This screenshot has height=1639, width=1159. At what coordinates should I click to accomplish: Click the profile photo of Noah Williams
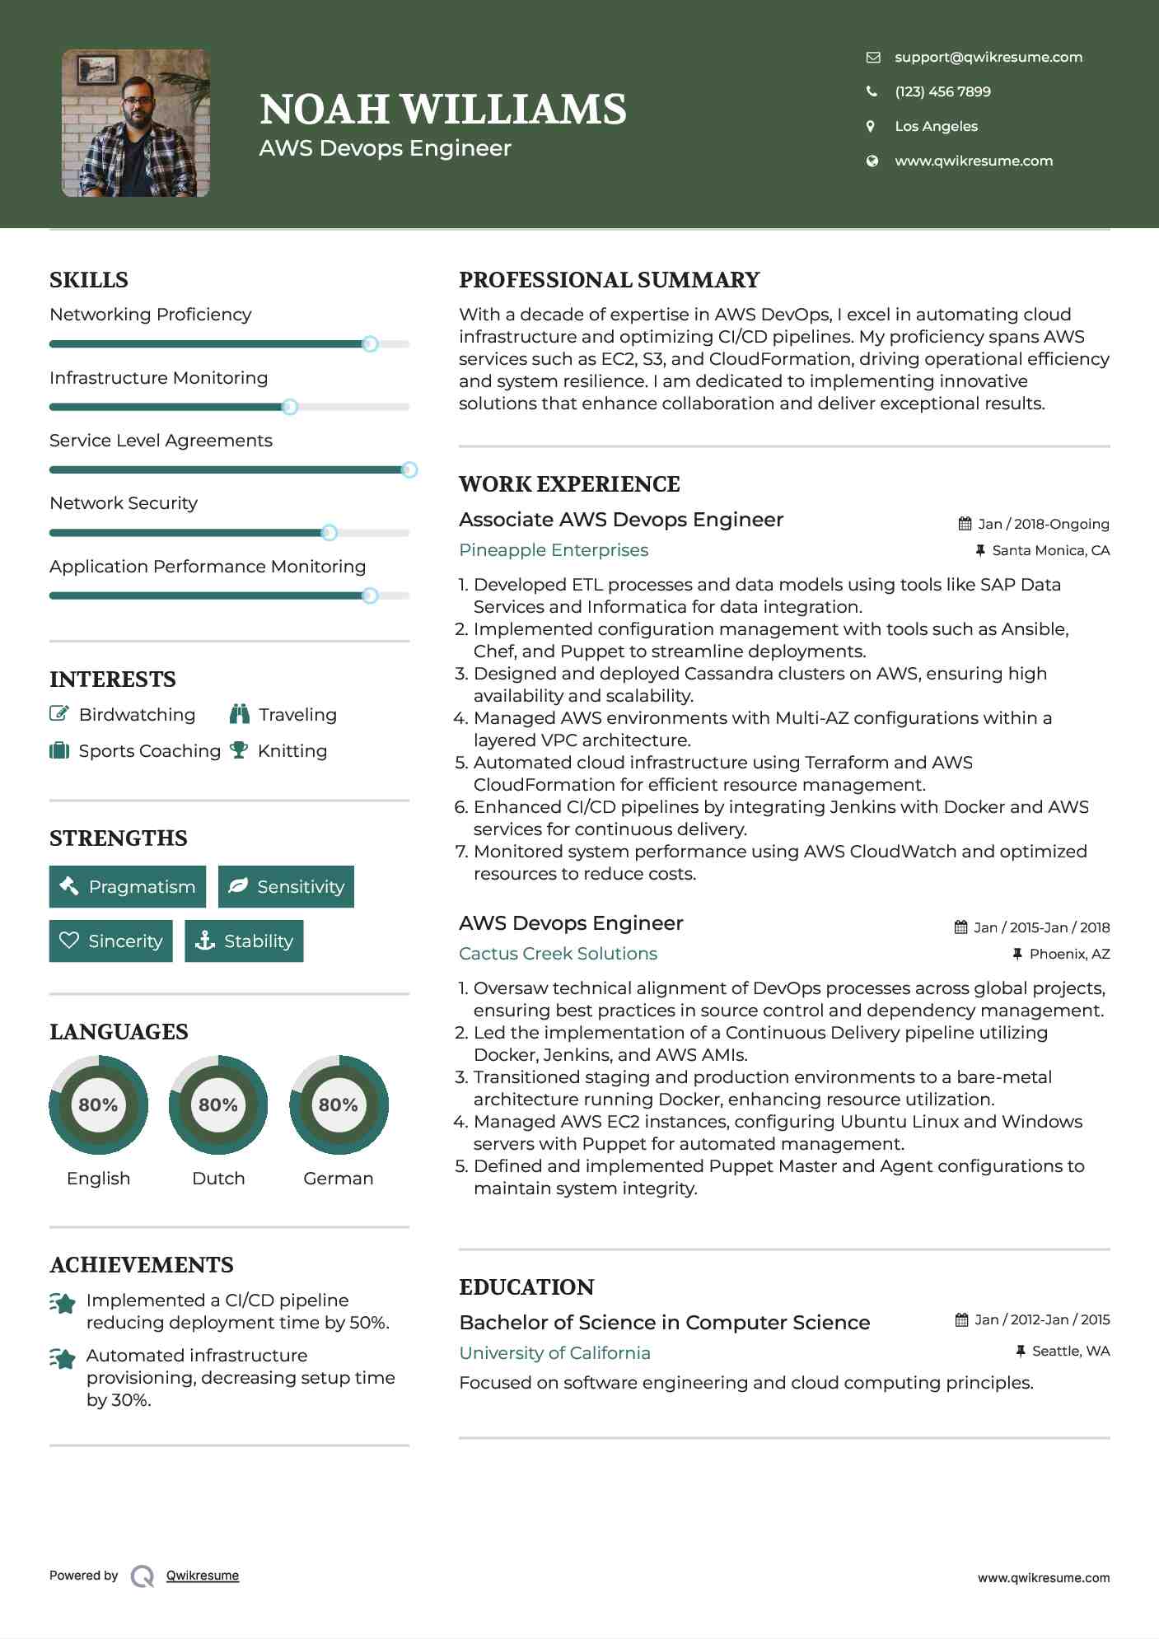point(136,124)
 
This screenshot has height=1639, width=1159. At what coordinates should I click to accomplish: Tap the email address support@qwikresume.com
point(988,57)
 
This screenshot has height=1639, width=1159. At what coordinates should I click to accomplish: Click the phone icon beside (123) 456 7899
point(872,91)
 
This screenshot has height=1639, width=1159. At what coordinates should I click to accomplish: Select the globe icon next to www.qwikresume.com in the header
point(872,161)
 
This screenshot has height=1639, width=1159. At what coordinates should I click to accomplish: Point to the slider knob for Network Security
point(329,533)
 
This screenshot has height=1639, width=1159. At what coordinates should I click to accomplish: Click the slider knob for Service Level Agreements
point(409,469)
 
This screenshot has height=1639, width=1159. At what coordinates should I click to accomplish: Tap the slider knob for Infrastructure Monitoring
point(289,407)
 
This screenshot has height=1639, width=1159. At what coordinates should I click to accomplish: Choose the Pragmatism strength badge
point(128,886)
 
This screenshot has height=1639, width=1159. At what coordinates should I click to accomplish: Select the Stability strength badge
point(244,941)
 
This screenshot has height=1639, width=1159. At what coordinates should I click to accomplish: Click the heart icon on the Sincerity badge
point(69,941)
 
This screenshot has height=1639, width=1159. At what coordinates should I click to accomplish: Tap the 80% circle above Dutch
point(218,1104)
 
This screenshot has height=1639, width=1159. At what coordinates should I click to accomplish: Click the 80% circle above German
point(339,1104)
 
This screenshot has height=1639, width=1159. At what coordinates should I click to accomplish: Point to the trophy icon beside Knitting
point(239,750)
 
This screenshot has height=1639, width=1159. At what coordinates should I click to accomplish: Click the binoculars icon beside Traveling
point(240,714)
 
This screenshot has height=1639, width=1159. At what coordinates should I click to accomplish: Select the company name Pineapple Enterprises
point(554,550)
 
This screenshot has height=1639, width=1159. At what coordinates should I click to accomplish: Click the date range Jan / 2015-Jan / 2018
point(1041,927)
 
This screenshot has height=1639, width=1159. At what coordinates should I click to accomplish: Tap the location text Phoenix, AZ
point(1069,954)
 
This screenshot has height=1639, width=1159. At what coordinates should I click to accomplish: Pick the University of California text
point(554,1353)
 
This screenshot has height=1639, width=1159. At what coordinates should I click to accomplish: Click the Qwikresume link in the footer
point(203,1576)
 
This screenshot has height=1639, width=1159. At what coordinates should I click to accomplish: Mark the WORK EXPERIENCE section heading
point(569,484)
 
